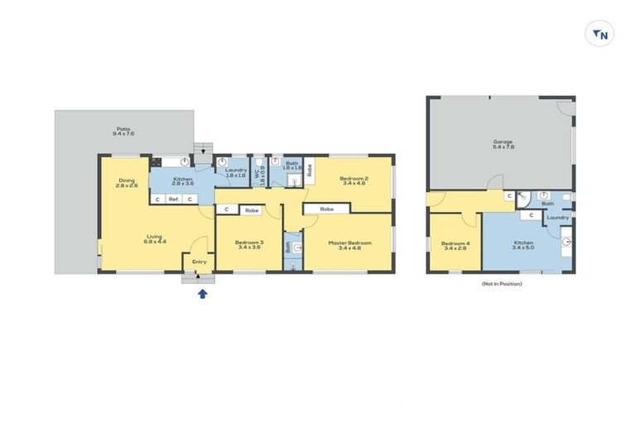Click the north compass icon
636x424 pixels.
coord(600,34)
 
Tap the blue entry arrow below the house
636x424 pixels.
coord(202,292)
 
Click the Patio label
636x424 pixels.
coord(123,130)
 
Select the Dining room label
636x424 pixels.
coord(126,181)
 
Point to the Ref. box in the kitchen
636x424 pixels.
coord(174,200)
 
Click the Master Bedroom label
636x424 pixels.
coord(349,243)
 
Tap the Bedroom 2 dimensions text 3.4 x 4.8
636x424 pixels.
coord(353,184)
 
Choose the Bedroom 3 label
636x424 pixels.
coord(248,243)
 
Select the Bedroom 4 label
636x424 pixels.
coord(455,243)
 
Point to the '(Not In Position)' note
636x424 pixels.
coord(502,284)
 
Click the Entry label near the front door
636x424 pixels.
coord(200,263)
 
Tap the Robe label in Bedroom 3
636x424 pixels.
coord(252,210)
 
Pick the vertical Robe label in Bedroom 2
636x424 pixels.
coord(310,171)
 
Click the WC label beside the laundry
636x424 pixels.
coord(258,174)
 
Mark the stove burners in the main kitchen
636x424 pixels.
coord(156,163)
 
